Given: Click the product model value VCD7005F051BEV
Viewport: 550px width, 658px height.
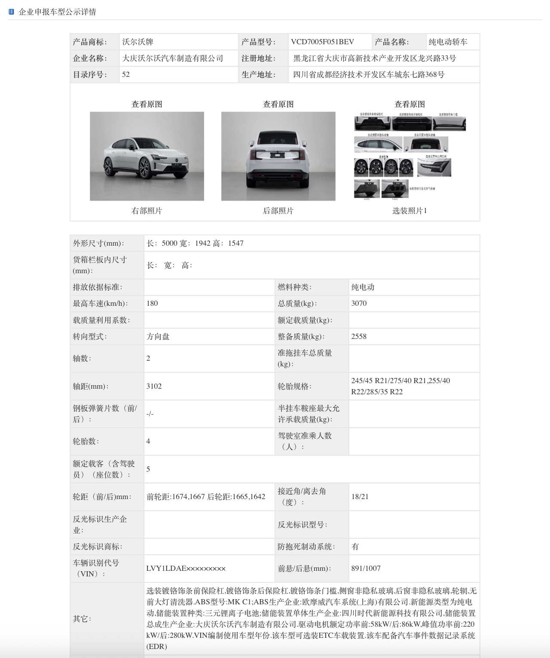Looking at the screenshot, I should (x=322, y=42).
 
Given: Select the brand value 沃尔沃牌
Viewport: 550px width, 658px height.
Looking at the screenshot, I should (x=137, y=42).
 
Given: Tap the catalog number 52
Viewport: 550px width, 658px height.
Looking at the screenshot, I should (x=126, y=74).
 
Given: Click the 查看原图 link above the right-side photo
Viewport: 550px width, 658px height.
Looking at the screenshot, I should (x=147, y=104).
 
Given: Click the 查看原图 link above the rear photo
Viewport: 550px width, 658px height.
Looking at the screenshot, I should (x=278, y=104).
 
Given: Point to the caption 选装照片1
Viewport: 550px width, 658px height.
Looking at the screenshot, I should (x=409, y=210).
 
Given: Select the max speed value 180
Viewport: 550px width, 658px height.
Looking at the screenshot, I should (x=152, y=303).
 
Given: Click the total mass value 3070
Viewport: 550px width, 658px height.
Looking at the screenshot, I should (x=359, y=303).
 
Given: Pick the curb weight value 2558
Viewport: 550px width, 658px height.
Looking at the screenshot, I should (x=359, y=336).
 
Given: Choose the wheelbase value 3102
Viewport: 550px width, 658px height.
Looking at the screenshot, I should (x=154, y=386).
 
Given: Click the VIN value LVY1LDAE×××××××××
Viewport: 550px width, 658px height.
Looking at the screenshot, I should (x=186, y=568).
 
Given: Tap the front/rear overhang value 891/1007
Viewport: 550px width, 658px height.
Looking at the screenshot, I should (x=366, y=568).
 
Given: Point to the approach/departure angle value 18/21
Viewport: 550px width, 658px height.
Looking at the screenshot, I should (x=360, y=497).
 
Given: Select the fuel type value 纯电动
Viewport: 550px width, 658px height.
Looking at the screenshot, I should (x=363, y=287).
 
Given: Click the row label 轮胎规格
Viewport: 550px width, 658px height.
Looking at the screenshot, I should (x=294, y=386).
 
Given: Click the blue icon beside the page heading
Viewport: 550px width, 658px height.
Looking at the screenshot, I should (x=11, y=12).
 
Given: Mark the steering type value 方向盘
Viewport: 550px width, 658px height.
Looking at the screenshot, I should (x=158, y=336).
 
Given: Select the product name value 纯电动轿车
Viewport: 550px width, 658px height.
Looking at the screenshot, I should (x=448, y=42).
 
